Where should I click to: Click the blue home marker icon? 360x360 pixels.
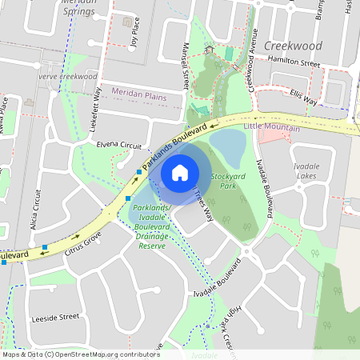pos(180,173)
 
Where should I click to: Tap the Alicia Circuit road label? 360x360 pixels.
pos(37,208)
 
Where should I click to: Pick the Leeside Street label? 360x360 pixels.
pos(56,317)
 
